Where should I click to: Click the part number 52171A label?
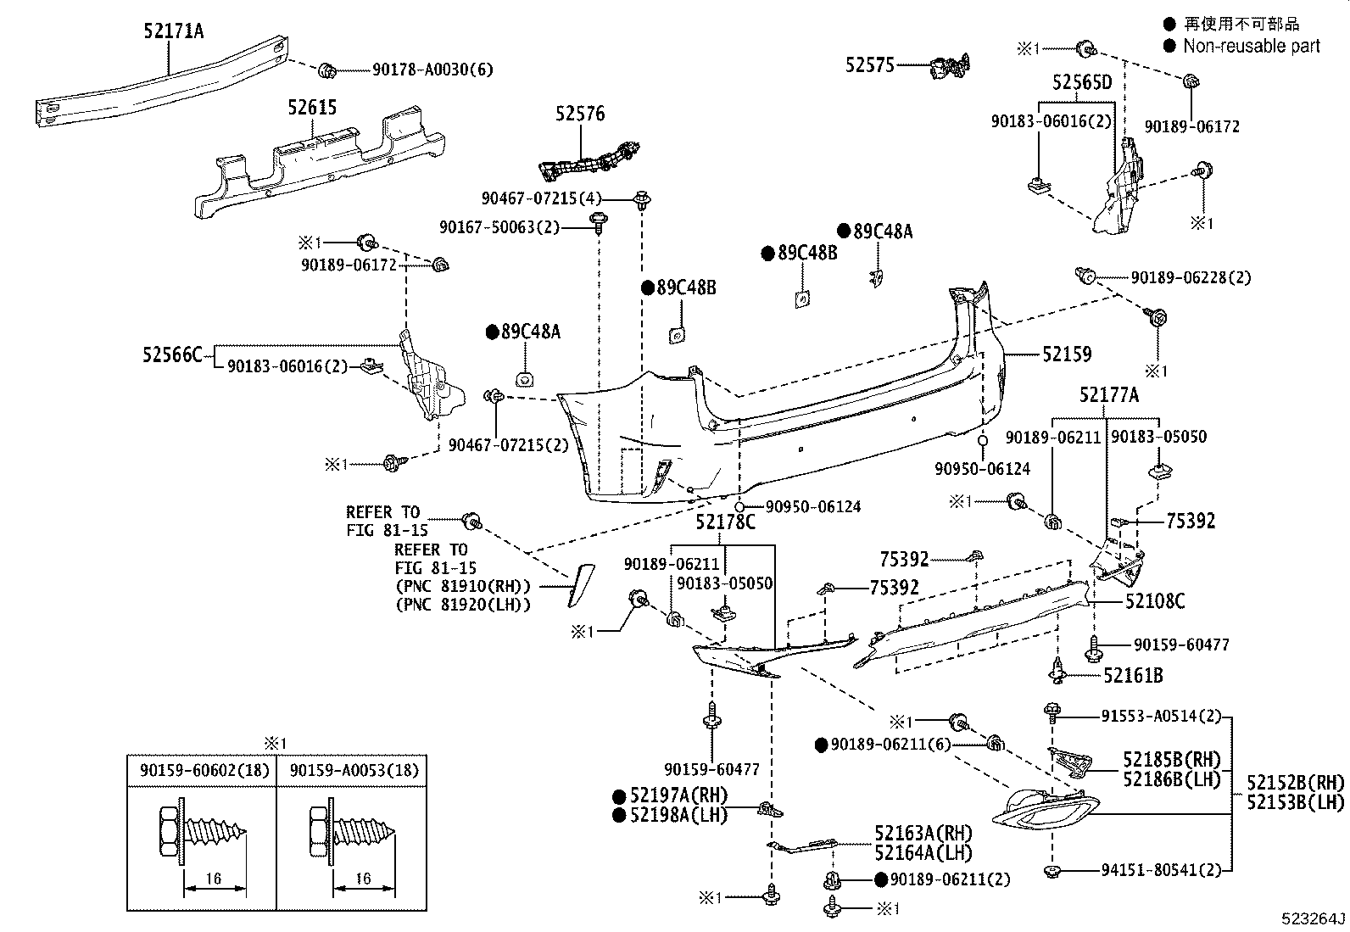pos(173,32)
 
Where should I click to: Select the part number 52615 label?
pos(311,108)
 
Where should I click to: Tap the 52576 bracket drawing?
pos(591,160)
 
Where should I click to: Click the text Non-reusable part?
pos(1251,47)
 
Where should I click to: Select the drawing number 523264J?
pos(1313,918)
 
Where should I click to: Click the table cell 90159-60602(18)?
pos(201,771)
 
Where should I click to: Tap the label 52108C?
pos(1155,601)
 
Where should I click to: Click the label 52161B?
pos(1133,675)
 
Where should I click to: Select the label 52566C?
pos(172,354)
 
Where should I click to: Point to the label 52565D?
pos(1081,82)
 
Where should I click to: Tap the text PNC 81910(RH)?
pos(462,587)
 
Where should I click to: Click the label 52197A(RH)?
pos(678,795)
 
